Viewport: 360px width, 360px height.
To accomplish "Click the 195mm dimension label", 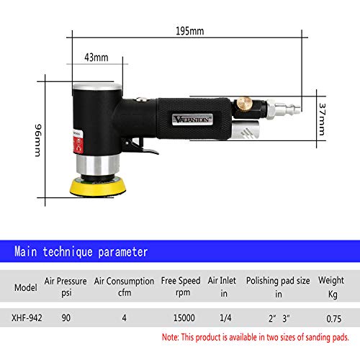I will point(191,32).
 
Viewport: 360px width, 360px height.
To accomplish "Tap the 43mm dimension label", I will point(96,57).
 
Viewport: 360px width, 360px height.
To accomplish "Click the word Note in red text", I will point(172,336).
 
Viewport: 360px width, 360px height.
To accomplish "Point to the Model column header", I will point(26,287).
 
